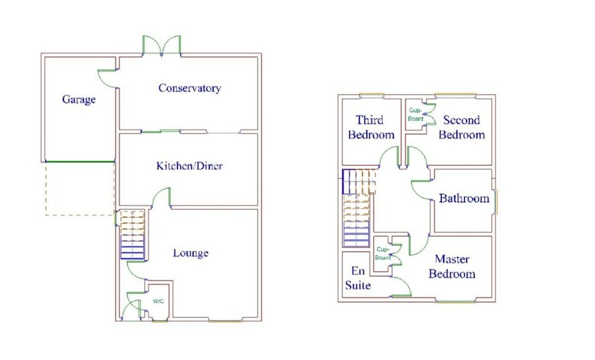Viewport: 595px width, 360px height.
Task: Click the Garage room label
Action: pos(79,100)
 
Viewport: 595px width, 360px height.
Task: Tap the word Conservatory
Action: pos(189,88)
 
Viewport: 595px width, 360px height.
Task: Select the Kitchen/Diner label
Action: pos(189,166)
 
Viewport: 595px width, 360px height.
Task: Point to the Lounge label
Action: pos(191,253)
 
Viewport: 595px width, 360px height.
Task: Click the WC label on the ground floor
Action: pos(158,302)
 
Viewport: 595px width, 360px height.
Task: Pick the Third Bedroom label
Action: pos(371,127)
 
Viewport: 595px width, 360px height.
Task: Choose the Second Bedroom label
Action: pos(461,127)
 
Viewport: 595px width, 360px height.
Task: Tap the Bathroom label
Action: pos(464,198)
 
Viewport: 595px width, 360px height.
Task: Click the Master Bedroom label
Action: pos(452,266)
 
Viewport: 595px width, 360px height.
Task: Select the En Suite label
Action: pos(358,279)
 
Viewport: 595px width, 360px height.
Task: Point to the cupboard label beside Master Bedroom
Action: pos(383,254)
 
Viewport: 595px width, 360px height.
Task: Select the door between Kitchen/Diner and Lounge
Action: pos(161,198)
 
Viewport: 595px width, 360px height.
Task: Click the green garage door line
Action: pos(80,162)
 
